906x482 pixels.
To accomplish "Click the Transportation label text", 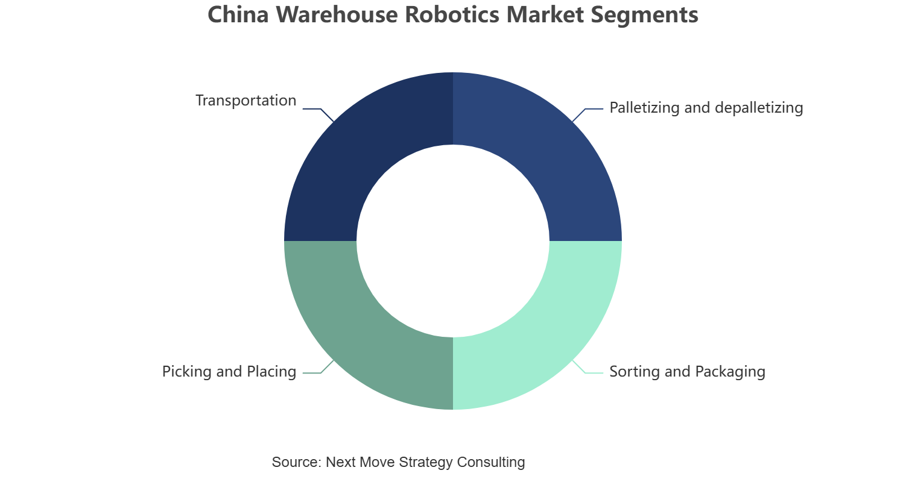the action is pos(246,101).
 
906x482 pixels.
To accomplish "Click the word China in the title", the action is pos(238,14).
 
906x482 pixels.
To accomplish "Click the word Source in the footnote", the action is pos(297,462).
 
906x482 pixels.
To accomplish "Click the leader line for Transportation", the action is pos(318,113).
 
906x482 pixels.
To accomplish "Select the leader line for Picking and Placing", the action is pos(318,368).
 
